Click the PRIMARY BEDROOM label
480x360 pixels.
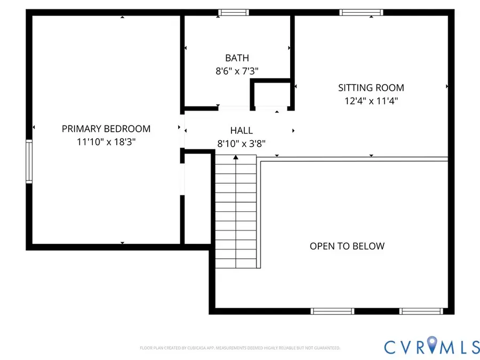[x=106, y=129]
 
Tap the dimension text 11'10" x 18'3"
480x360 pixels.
[x=106, y=142]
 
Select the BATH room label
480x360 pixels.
[x=237, y=58]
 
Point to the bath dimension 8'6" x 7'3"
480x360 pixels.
[x=237, y=70]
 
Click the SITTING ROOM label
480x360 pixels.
[x=371, y=87]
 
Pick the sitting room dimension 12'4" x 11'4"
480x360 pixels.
[x=371, y=100]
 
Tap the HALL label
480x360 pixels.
[x=242, y=130]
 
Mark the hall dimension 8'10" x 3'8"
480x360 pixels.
[x=242, y=143]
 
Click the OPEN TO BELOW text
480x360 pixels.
[x=347, y=246]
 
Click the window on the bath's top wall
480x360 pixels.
[x=234, y=12]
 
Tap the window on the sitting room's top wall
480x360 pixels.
[x=362, y=12]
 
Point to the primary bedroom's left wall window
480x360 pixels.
[x=29, y=162]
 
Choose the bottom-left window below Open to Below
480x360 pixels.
[x=332, y=311]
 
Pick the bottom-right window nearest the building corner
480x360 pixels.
[x=421, y=311]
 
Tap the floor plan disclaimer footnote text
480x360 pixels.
[x=240, y=348]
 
